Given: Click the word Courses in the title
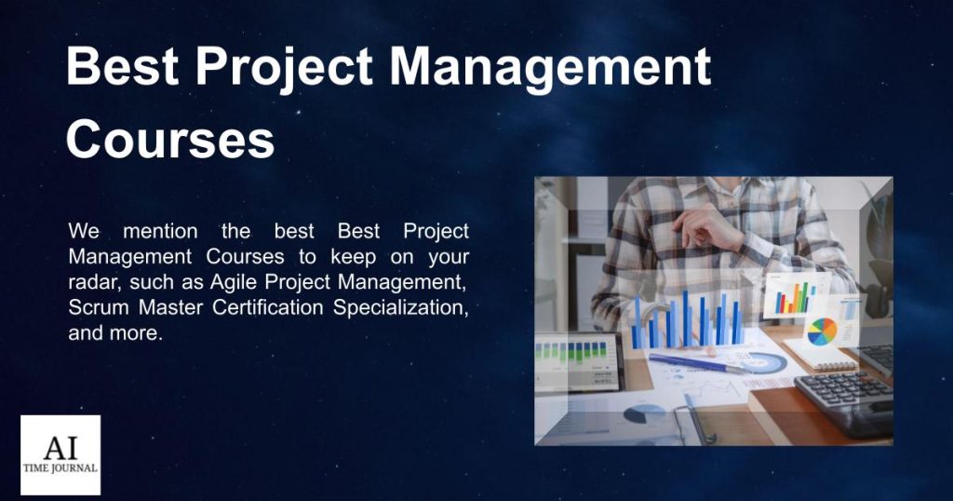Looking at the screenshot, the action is pyautogui.click(x=170, y=139).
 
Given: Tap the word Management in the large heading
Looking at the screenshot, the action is pyautogui.click(x=550, y=67).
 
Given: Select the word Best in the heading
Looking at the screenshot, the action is pyautogui.click(x=123, y=66).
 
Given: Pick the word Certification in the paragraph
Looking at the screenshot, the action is pyautogui.click(x=267, y=307).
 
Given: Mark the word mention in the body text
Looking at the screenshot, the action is pyautogui.click(x=160, y=232).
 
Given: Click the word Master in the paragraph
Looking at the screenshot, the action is pyautogui.click(x=171, y=307).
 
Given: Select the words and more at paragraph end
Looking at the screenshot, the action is pyautogui.click(x=115, y=333).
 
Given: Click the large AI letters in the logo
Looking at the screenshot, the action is pyautogui.click(x=60, y=449).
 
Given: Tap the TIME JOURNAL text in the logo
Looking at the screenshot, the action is pyautogui.click(x=60, y=468).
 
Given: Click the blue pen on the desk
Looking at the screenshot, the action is pyautogui.click(x=699, y=363).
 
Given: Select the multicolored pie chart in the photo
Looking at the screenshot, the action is pyautogui.click(x=822, y=332).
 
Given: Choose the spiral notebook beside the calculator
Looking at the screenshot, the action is pyautogui.click(x=821, y=355).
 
